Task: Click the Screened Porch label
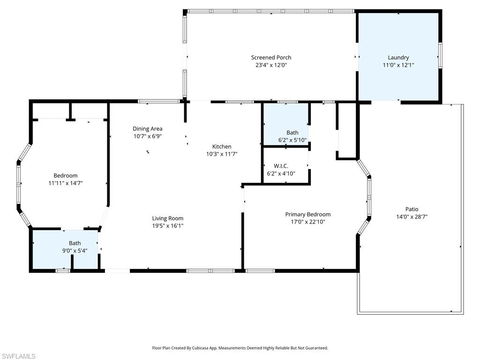pyautogui.click(x=271, y=58)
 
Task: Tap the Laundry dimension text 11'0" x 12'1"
pyautogui.click(x=398, y=65)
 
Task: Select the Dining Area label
pyautogui.click(x=147, y=128)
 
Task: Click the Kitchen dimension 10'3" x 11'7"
pyautogui.click(x=222, y=154)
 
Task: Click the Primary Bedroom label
pyautogui.click(x=307, y=214)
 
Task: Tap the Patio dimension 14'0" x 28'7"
pyautogui.click(x=412, y=217)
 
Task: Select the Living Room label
pyautogui.click(x=167, y=218)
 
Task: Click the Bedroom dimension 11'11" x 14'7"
pyautogui.click(x=66, y=183)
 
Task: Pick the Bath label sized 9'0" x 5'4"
pyautogui.click(x=75, y=243)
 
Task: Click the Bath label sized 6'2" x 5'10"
pyautogui.click(x=292, y=133)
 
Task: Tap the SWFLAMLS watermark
pyautogui.click(x=18, y=356)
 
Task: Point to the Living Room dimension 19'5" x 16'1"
pyautogui.click(x=167, y=225)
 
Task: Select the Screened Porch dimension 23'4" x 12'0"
pyautogui.click(x=271, y=65)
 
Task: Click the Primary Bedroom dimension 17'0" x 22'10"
pyautogui.click(x=307, y=222)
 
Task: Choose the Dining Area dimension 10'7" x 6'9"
pyautogui.click(x=147, y=136)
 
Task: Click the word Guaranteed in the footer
pyautogui.click(x=315, y=348)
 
